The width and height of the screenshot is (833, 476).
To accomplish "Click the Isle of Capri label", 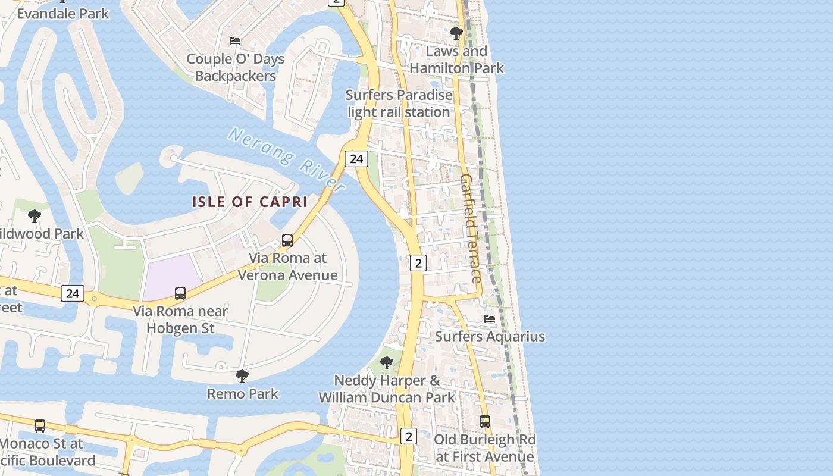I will (249, 202).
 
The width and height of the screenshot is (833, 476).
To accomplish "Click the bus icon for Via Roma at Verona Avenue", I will (287, 240).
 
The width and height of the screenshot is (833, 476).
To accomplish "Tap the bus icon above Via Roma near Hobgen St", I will (180, 293).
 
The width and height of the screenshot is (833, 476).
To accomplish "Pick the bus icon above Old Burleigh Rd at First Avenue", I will (485, 422).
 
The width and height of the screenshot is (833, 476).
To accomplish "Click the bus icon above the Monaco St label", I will (40, 426).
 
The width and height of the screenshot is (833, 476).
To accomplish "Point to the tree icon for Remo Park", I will (242, 376).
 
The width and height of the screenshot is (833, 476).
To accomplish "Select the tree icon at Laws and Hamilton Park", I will (456, 33).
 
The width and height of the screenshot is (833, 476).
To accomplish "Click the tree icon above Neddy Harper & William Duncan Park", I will (387, 362).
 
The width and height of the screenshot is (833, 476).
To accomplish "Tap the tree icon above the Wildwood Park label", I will (35, 216).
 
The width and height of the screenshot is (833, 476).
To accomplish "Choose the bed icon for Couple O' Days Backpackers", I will (235, 41).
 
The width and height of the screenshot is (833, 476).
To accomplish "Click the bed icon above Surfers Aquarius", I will (490, 319).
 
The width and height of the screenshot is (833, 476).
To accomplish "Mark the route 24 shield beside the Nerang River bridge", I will (356, 158).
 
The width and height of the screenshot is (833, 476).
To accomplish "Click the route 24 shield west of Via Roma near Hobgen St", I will (73, 293).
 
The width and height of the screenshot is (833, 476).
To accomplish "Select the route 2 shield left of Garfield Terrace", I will (418, 262).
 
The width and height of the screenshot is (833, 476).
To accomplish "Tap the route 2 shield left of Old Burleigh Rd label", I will (408, 436).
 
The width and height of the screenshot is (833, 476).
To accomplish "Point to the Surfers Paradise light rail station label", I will (399, 104).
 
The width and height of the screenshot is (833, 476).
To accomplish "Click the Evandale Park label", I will (62, 13).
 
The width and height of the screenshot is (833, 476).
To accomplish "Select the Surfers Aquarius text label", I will (490, 336).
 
